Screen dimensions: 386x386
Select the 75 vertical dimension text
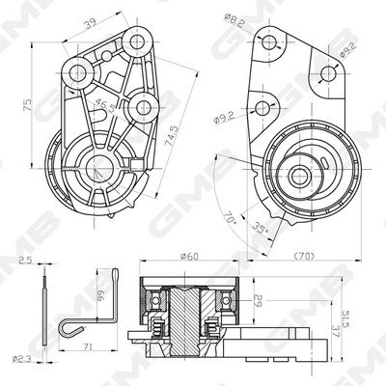tap(27, 105)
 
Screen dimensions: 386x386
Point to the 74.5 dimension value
tap(172, 136)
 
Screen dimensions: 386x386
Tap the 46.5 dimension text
tap(104, 105)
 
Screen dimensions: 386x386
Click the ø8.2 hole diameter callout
tap(234, 19)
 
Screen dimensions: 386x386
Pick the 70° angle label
tap(231, 218)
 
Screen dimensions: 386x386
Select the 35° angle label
tap(261, 228)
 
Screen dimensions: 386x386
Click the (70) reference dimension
tap(304, 257)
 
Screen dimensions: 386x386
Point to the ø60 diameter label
tap(189, 257)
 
